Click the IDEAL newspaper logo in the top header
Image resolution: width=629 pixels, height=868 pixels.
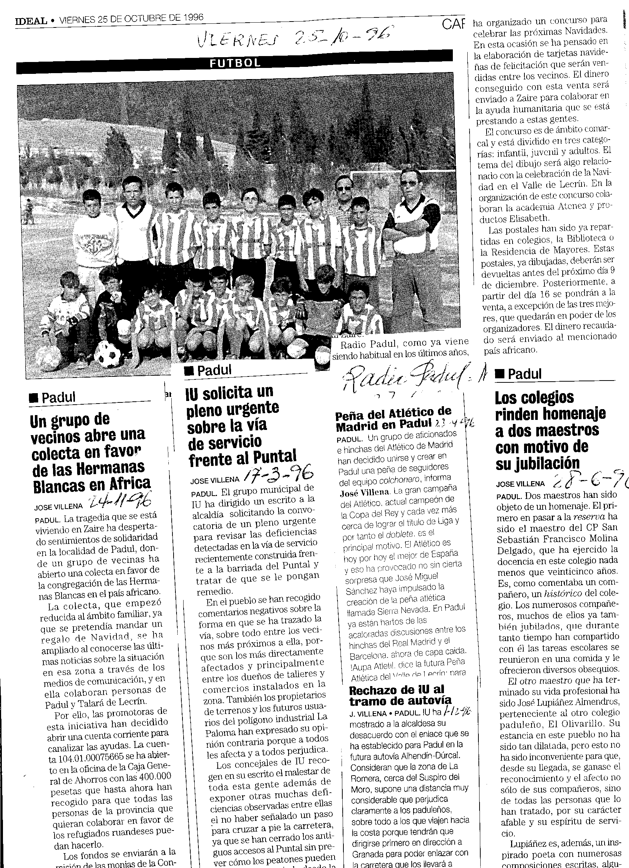[32, 21]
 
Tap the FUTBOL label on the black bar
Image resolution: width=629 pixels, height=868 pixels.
[235, 63]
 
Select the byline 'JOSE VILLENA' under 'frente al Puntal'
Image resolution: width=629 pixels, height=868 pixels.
[214, 479]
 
